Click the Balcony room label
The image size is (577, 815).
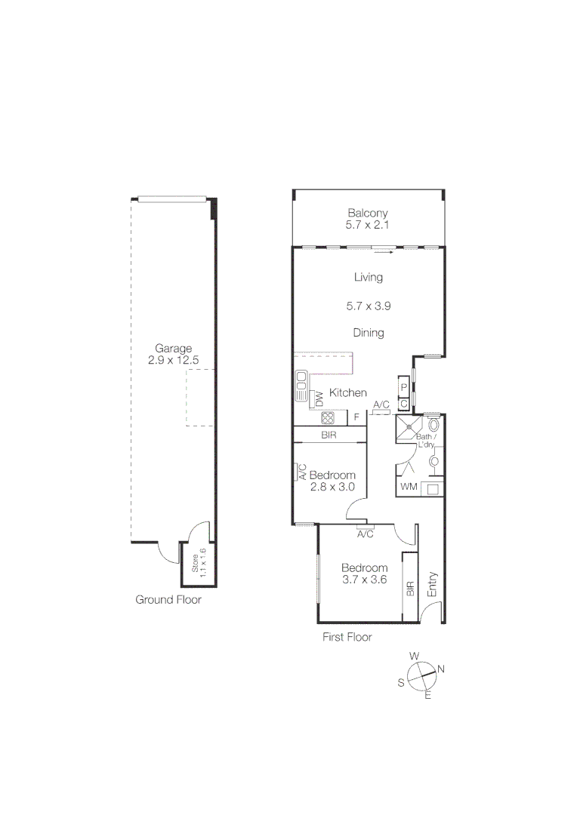click(x=368, y=214)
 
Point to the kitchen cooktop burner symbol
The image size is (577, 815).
click(x=329, y=417)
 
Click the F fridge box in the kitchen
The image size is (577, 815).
click(x=356, y=417)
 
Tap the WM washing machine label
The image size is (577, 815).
click(x=409, y=487)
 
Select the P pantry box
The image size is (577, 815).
click(x=404, y=388)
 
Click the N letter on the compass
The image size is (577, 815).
click(x=441, y=669)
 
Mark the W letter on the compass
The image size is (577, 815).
click(x=414, y=657)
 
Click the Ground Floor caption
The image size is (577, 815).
click(x=168, y=600)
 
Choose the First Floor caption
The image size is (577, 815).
click(x=347, y=637)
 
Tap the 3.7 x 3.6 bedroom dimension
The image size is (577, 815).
click(x=364, y=580)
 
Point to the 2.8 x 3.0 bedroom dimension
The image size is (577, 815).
click(x=332, y=487)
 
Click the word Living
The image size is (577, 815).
click(x=369, y=277)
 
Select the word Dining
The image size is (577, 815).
click(x=369, y=333)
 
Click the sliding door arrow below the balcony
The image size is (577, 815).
click(x=384, y=253)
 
